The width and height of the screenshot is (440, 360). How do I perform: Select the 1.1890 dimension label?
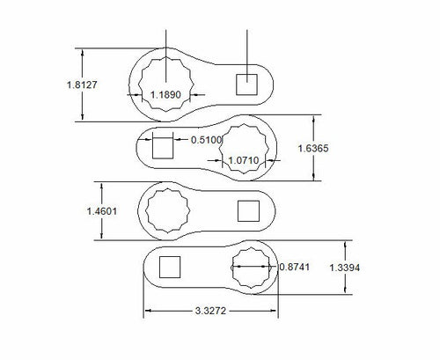166,94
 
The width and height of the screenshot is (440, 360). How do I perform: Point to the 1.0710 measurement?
244,161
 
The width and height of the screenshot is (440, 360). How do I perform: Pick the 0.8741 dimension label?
294,267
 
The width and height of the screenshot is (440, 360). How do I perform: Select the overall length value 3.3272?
212,311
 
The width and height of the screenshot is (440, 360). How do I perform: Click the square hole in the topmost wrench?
246,84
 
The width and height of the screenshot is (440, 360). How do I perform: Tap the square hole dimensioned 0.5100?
164,146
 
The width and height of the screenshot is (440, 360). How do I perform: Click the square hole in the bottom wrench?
169,267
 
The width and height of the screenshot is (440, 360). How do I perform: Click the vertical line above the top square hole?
246,48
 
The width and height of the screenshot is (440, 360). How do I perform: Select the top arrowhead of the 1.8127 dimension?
84,51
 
